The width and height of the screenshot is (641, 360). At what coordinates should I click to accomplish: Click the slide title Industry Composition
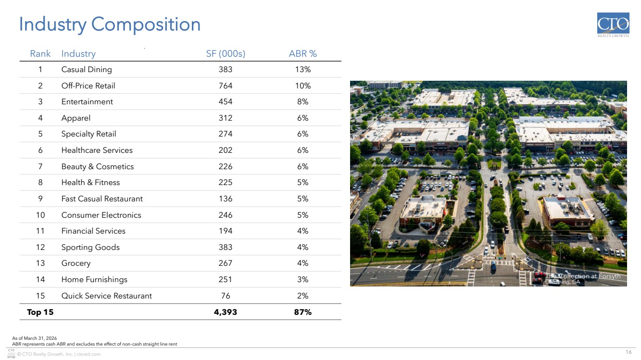tap(110, 25)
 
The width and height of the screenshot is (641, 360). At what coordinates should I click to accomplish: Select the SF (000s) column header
tap(226, 54)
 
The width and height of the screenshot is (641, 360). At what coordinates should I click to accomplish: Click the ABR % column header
tap(302, 54)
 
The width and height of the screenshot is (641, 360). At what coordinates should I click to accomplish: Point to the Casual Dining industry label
tap(87, 70)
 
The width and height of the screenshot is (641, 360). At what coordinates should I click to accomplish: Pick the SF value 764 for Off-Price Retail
tap(226, 86)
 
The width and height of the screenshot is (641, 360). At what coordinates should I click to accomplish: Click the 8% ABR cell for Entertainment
tap(302, 102)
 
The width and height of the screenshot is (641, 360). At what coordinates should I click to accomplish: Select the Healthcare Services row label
tap(97, 150)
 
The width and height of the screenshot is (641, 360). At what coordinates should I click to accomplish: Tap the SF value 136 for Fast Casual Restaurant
tap(226, 199)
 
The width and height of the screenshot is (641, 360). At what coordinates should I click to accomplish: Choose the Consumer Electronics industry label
tap(101, 215)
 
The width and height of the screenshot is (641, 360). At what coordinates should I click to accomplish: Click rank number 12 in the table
tap(40, 248)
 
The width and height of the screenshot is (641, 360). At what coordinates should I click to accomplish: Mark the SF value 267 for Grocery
tap(226, 263)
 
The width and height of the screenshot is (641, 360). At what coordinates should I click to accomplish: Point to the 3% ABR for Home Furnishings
tap(302, 280)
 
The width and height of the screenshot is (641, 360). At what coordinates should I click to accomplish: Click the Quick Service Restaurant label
tap(106, 296)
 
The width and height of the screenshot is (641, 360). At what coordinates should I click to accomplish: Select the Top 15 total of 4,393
tap(226, 312)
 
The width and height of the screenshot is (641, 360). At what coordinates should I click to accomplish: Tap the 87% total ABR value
tap(302, 312)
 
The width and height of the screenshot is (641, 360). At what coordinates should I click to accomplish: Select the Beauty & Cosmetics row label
tap(97, 167)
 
